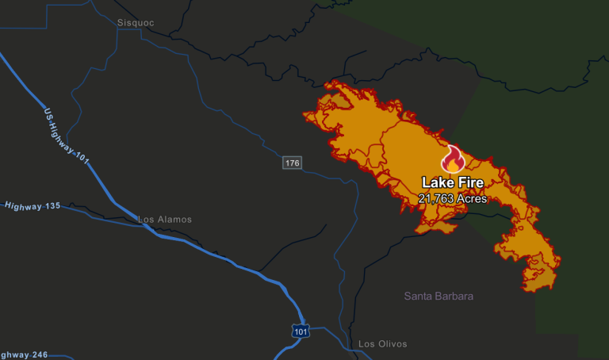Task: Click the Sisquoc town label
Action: point(132,23)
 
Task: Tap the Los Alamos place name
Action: point(165,220)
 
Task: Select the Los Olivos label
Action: point(382,344)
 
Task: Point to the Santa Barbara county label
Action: point(439,297)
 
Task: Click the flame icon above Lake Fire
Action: point(452,159)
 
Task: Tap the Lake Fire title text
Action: point(452,183)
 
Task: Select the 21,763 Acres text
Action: point(452,198)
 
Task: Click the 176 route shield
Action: point(293,163)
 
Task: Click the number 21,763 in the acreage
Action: point(435,198)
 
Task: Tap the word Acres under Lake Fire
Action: point(470,198)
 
